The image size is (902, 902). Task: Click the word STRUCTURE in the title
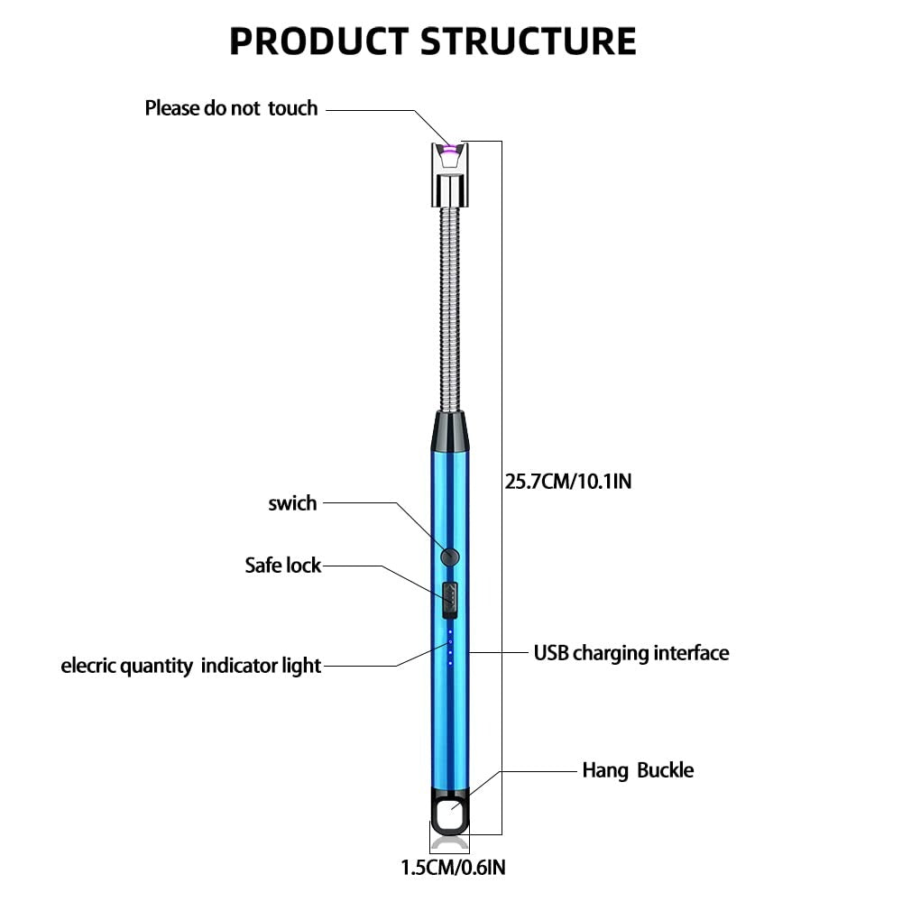tap(529, 41)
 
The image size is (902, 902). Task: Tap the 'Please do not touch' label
tap(231, 108)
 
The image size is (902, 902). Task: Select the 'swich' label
tap(292, 503)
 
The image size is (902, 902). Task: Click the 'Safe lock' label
tap(282, 566)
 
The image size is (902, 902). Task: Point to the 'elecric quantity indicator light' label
tap(190, 666)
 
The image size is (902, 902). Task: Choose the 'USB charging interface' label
tap(630, 652)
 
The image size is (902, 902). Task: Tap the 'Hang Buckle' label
tap(638, 770)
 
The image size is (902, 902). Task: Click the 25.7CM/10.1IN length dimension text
tap(568, 481)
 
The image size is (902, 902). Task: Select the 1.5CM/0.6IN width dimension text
tap(453, 869)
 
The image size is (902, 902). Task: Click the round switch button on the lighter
tap(449, 557)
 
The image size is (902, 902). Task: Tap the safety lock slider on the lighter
tap(449, 600)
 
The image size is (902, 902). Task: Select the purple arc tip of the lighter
tap(449, 147)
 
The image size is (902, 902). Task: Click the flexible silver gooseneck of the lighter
tap(449, 307)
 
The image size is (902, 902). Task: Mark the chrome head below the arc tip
tap(449, 185)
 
